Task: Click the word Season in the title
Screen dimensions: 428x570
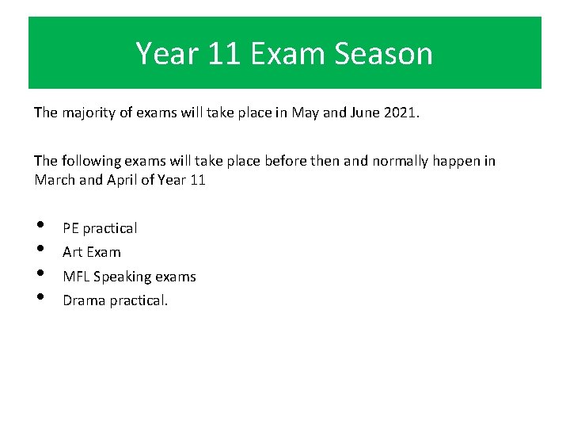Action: pos(383,54)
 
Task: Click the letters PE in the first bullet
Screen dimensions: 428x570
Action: pos(70,228)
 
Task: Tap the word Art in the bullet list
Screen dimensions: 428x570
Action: pos(73,252)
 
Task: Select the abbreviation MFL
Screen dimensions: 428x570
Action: pos(76,277)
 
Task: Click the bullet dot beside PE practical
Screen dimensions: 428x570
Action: pos(40,227)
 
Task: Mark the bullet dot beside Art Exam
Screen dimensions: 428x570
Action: pos(40,250)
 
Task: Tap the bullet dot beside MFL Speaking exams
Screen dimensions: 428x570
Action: pos(40,275)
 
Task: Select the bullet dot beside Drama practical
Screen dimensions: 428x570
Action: pos(40,299)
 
